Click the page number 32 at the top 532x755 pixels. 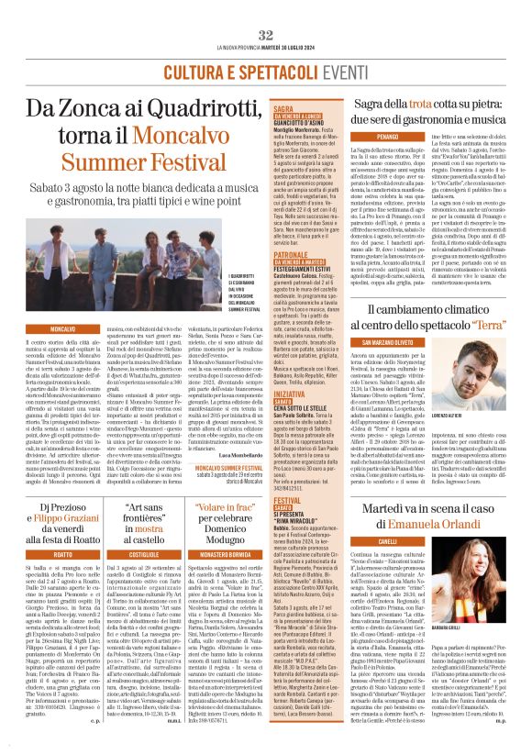pyautogui.click(x=266, y=34)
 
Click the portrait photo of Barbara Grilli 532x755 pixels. pyautogui.click(x=496, y=581)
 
